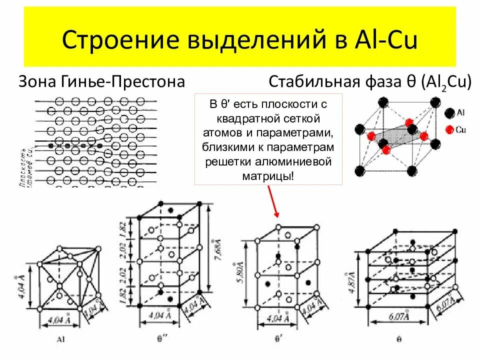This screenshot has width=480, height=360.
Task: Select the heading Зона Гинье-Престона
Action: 101,81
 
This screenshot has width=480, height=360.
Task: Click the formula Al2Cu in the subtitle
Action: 446,82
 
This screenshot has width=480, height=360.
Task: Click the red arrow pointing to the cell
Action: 273,201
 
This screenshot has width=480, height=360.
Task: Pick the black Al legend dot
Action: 448,113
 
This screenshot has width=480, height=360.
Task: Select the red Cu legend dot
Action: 448,129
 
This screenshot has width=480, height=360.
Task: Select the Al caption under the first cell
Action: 61,339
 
